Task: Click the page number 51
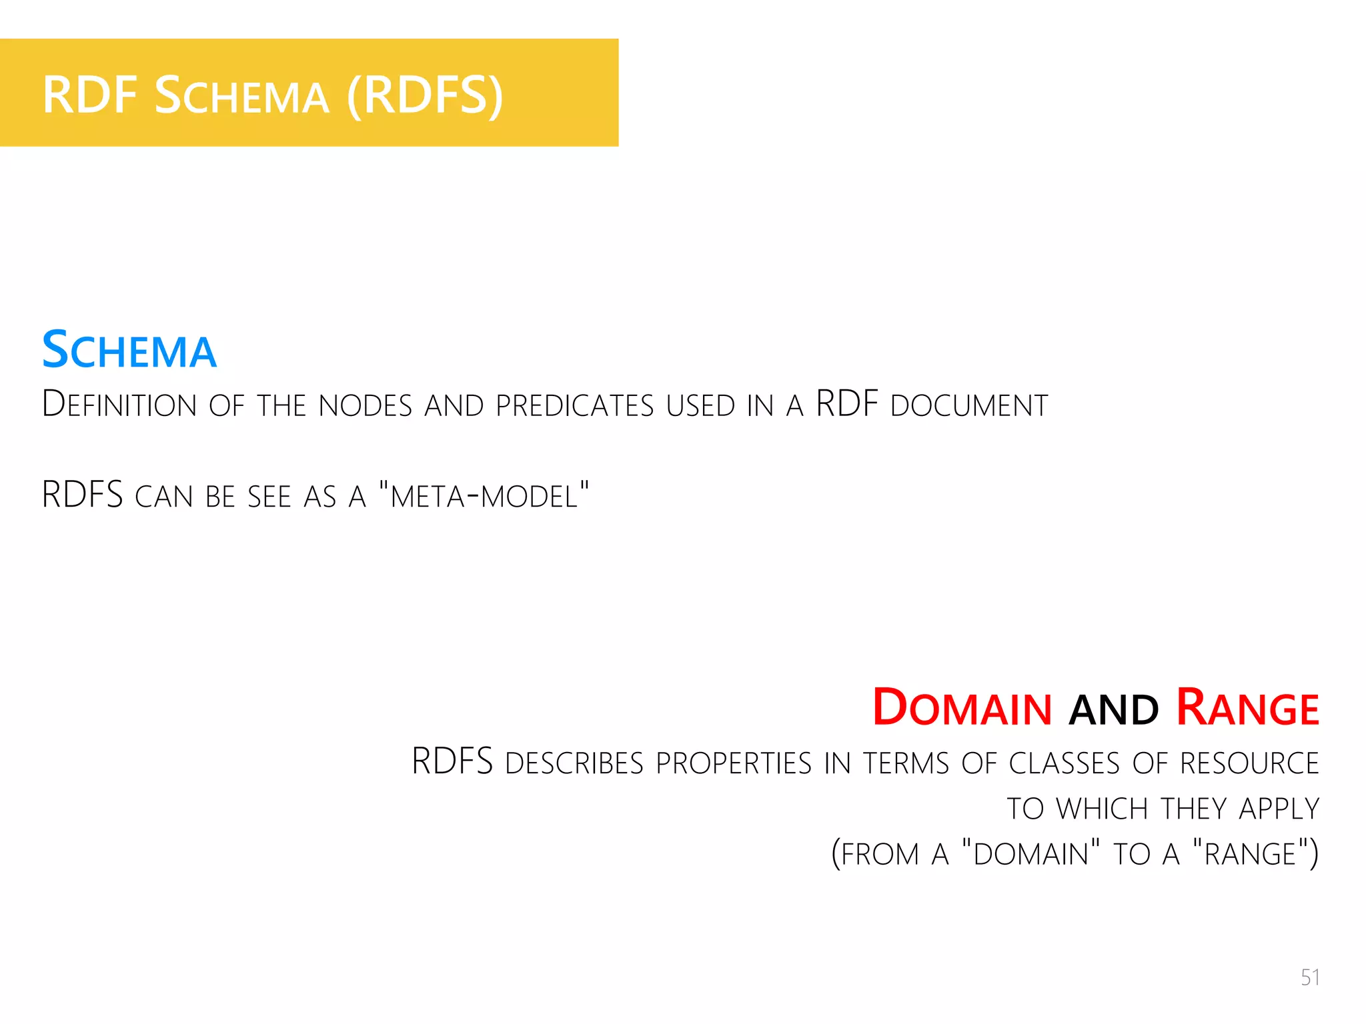coord(1309,977)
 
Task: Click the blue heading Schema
coord(129,351)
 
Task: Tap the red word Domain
coord(962,707)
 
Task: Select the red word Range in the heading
coord(1247,707)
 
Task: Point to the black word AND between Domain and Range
coord(1113,710)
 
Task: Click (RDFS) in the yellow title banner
coord(424,95)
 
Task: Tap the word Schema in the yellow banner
coord(241,95)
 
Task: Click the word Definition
coord(119,405)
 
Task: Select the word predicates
coord(575,405)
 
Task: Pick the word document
coord(969,405)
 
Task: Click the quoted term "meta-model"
coord(484,495)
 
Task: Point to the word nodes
coord(366,405)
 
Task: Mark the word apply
coord(1279,809)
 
